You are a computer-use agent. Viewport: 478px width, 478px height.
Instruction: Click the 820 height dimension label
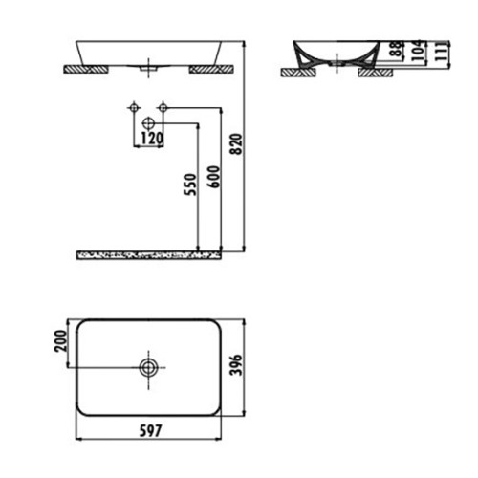click(236, 144)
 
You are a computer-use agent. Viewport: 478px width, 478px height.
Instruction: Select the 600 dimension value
click(214, 177)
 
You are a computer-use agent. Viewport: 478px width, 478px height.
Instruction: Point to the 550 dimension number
click(190, 185)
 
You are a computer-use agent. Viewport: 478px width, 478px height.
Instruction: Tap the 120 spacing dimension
click(152, 139)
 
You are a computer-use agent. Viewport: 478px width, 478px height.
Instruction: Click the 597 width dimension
click(150, 430)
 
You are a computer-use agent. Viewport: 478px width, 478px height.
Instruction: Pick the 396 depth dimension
click(236, 365)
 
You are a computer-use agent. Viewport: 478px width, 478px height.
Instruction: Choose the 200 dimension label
click(61, 340)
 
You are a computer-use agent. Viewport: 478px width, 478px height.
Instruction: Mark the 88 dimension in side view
click(397, 49)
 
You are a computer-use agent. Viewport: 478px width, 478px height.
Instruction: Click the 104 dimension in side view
click(420, 51)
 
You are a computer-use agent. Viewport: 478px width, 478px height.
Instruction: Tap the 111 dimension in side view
click(441, 51)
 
